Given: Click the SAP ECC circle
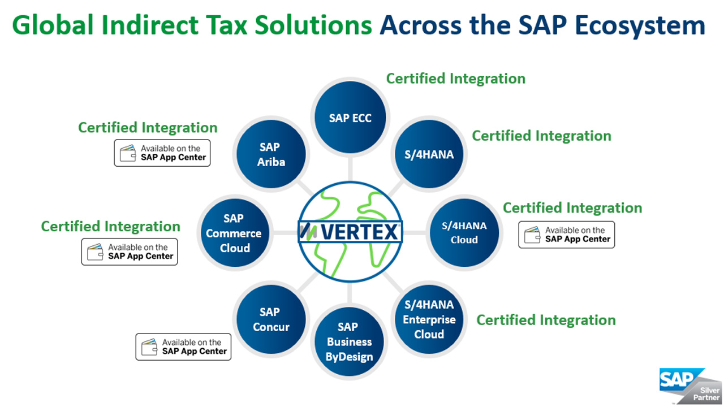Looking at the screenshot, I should coord(350,119).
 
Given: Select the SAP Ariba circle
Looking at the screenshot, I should coord(270,154).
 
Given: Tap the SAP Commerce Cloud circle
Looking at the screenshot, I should coord(234,233).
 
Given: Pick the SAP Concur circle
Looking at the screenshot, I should coord(270,319).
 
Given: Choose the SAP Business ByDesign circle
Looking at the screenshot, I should coord(349,342).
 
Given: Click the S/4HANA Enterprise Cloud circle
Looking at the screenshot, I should coord(429,319).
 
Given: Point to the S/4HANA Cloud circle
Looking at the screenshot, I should coord(464,232).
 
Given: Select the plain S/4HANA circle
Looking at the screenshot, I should coord(429,154).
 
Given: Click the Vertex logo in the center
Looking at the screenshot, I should coord(350,231).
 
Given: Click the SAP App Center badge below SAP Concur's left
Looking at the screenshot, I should coord(183,347).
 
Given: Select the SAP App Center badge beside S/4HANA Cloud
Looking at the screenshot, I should coord(566,235).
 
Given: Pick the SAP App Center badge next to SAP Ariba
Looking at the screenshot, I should coord(162,153).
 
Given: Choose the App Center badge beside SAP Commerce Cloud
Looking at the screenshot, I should coord(130,252).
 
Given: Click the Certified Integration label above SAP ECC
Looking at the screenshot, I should coord(455,79).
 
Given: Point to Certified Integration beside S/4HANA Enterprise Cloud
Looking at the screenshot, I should coord(546,320).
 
